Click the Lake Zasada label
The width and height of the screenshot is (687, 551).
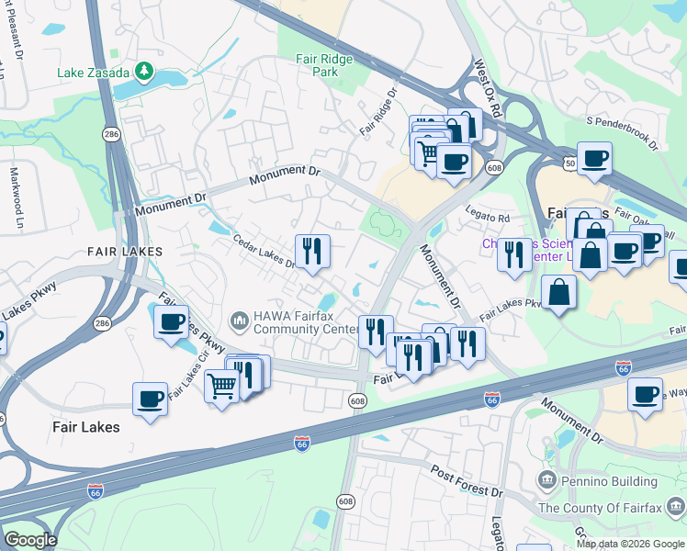[94, 72]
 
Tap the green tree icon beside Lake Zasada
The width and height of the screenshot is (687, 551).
[143, 71]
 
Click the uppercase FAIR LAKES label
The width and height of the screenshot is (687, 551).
[125, 251]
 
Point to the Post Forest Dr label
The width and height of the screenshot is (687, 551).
[467, 479]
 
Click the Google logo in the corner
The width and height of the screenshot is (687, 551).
[29, 540]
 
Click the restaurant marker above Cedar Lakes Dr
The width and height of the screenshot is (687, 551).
[311, 249]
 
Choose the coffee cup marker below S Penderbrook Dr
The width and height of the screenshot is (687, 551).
[594, 158]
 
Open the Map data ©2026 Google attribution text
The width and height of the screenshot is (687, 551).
[629, 544]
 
